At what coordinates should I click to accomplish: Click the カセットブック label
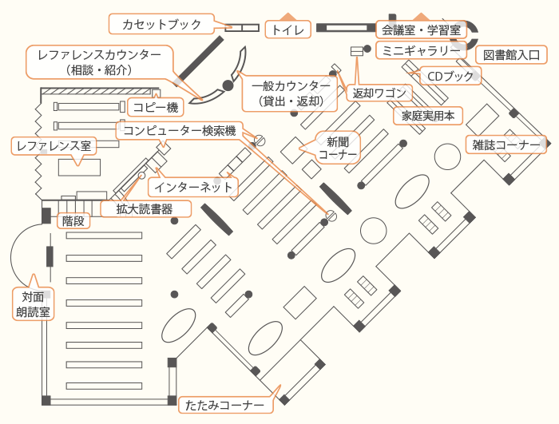point(162,25)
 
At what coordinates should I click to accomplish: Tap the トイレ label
point(287,30)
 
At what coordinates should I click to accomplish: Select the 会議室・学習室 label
point(420,30)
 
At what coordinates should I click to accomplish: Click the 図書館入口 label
point(511,55)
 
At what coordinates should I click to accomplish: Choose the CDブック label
point(451,77)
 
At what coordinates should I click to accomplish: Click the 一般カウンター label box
point(291,93)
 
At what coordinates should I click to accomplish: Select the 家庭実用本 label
point(427,116)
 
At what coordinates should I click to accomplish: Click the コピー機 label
point(155,107)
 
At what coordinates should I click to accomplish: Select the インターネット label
point(194,187)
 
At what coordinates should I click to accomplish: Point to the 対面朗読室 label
point(33,304)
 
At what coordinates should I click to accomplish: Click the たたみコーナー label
point(225,405)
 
